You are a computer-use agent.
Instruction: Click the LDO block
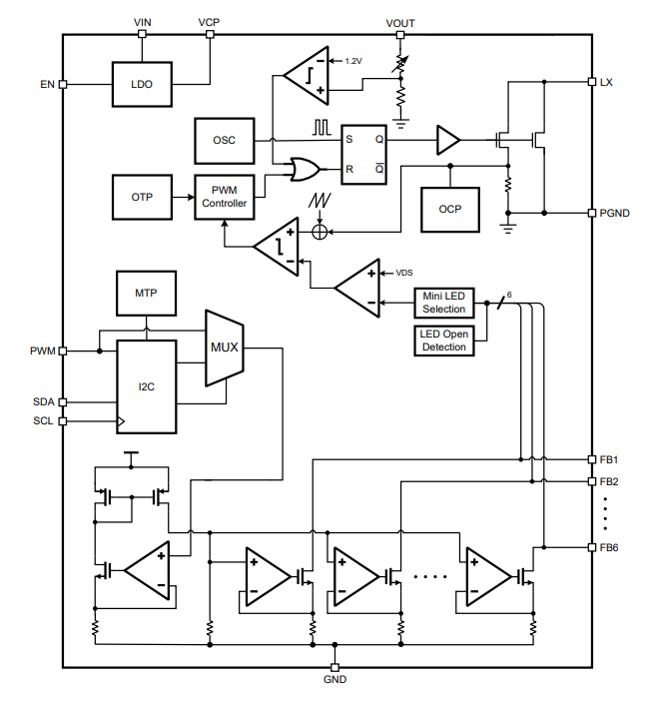pos(142,84)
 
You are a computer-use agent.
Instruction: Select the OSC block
pos(224,141)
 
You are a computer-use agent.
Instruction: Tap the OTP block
pos(142,197)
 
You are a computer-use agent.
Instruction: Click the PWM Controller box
pos(224,197)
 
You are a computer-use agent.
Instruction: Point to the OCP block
pos(450,209)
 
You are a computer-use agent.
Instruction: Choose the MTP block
pos(146,295)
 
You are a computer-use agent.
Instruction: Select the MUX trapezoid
pos(225,348)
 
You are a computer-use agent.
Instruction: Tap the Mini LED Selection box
pos(444,302)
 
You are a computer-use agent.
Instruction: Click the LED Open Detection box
pos(444,340)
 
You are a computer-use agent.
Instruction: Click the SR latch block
pos(363,155)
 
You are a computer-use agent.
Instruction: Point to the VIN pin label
pos(142,21)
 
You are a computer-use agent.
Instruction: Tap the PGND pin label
pos(614,213)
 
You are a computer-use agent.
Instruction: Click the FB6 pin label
pos(609,547)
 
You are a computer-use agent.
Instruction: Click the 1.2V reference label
pos(353,61)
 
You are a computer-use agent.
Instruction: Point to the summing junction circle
pos(320,232)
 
